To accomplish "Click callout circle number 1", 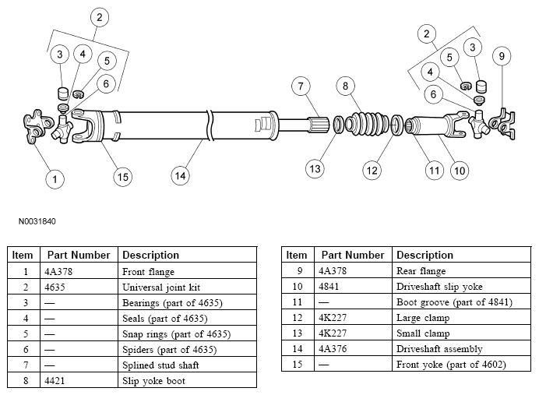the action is pyautogui.click(x=55, y=179).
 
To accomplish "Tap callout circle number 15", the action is pyautogui.click(x=123, y=177).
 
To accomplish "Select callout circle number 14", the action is pyautogui.click(x=180, y=176).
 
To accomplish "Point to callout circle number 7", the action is pyautogui.click(x=301, y=86).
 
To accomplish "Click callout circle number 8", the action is pyautogui.click(x=346, y=86).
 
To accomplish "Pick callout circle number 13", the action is pyautogui.click(x=315, y=169).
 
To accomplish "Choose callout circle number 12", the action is pyautogui.click(x=372, y=171).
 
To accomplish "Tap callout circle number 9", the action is pyautogui.click(x=502, y=56).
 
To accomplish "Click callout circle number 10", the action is pyautogui.click(x=460, y=171).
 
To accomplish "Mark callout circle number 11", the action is pyautogui.click(x=434, y=171).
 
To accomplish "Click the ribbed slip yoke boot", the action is pyautogui.click(x=367, y=123).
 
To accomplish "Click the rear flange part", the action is pyautogui.click(x=502, y=124).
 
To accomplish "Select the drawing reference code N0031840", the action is pyautogui.click(x=37, y=221).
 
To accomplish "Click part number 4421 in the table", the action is pyautogui.click(x=55, y=380).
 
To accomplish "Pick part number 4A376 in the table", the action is pyautogui.click(x=333, y=349).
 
